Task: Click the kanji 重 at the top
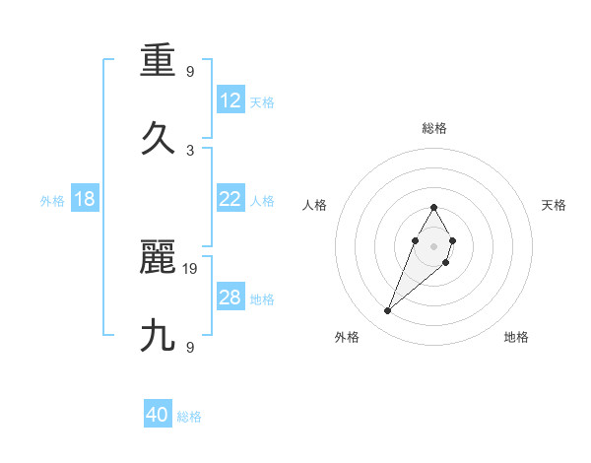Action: pyautogui.click(x=159, y=64)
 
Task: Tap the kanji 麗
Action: pyautogui.click(x=159, y=258)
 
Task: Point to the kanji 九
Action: pyautogui.click(x=159, y=336)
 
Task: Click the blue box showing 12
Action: pyautogui.click(x=230, y=100)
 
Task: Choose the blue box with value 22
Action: pyautogui.click(x=230, y=199)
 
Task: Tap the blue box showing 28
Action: pyautogui.click(x=230, y=298)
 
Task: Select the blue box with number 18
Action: pyautogui.click(x=85, y=199)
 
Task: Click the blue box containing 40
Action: pyautogui.click(x=158, y=415)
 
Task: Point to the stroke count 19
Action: pyautogui.click(x=191, y=268)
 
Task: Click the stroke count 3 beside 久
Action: pyautogui.click(x=190, y=150)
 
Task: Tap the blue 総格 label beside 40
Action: pyautogui.click(x=189, y=417)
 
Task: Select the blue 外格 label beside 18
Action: pyautogui.click(x=52, y=201)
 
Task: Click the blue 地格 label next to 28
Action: pyautogui.click(x=262, y=299)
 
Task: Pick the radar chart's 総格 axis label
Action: pyautogui.click(x=433, y=128)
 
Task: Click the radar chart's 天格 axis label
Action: pyautogui.click(x=554, y=205)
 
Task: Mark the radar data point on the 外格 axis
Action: pyautogui.click(x=387, y=311)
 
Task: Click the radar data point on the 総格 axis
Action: pyautogui.click(x=433, y=207)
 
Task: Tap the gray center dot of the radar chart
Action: pyautogui.click(x=433, y=245)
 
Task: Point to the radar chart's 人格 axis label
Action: pyautogui.click(x=314, y=205)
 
